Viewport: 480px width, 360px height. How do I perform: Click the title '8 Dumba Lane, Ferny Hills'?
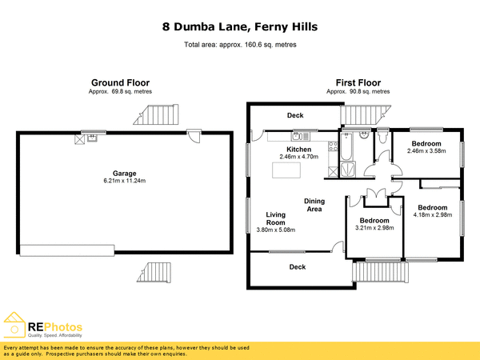pos(240,27)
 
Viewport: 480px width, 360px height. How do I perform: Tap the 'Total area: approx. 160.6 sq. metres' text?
pos(240,45)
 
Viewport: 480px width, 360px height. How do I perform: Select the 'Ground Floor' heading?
pos(120,82)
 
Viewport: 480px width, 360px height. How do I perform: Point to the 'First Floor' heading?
pos(358,82)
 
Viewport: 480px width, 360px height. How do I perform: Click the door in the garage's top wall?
pos(194,137)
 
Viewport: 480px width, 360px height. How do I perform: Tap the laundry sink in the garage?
pos(93,138)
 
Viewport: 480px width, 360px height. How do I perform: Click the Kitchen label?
pos(299,149)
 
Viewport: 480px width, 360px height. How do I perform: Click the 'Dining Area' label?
pos(313,205)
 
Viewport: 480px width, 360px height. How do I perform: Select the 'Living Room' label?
pos(276,218)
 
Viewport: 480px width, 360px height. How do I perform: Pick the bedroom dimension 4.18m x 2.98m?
pos(433,214)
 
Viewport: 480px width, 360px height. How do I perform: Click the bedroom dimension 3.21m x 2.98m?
pos(374,228)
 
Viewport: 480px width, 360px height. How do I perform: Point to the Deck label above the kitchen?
pos(295,116)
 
